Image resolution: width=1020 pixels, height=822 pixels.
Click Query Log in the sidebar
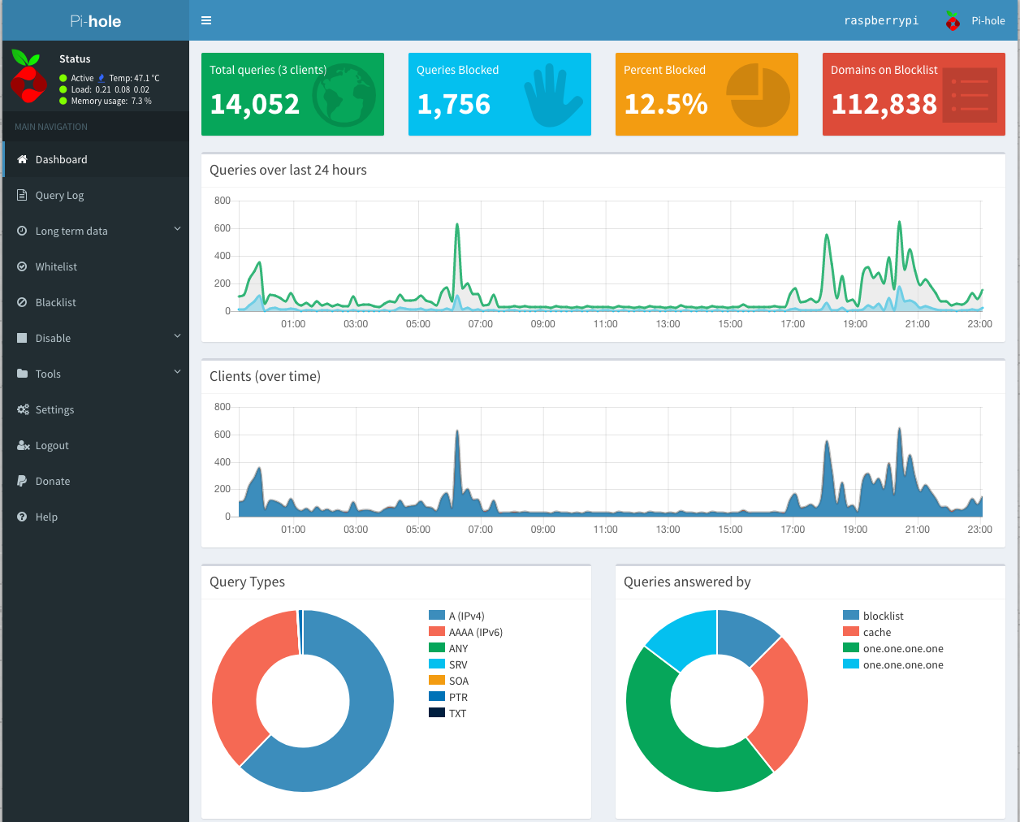click(x=59, y=196)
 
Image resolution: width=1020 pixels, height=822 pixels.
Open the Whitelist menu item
click(x=56, y=267)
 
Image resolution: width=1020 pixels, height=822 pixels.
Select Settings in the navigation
click(x=54, y=410)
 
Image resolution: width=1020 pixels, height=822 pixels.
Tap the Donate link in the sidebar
click(x=53, y=482)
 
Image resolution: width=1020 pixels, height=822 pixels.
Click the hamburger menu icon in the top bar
click(x=206, y=20)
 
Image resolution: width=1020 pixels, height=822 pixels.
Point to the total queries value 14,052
click(x=254, y=104)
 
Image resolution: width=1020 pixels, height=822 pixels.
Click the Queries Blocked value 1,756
click(x=453, y=104)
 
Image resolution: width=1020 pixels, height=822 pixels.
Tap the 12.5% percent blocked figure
click(x=665, y=104)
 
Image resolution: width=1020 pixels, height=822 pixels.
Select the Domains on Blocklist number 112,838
click(x=884, y=104)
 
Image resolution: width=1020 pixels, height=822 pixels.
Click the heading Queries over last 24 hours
click(x=288, y=171)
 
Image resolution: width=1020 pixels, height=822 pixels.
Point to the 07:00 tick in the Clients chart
click(x=480, y=530)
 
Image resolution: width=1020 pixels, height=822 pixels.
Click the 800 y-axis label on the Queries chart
click(x=222, y=201)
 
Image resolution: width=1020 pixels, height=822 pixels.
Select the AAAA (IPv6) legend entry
click(x=475, y=633)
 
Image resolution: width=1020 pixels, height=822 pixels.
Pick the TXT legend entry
click(x=457, y=714)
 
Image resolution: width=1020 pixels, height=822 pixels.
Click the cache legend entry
click(x=876, y=633)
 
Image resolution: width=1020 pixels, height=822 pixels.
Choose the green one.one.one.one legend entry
click(x=902, y=649)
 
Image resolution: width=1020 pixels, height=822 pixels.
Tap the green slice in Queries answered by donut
click(x=674, y=747)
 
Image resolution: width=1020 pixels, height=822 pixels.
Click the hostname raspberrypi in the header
click(x=881, y=21)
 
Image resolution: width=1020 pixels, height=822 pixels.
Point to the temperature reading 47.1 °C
click(x=134, y=79)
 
